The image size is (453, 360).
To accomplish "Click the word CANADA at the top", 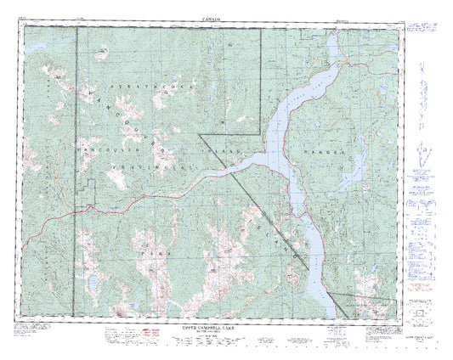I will (213, 18).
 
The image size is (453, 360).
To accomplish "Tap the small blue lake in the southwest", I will (91, 278).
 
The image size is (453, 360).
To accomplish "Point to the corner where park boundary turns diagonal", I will (199, 133).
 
